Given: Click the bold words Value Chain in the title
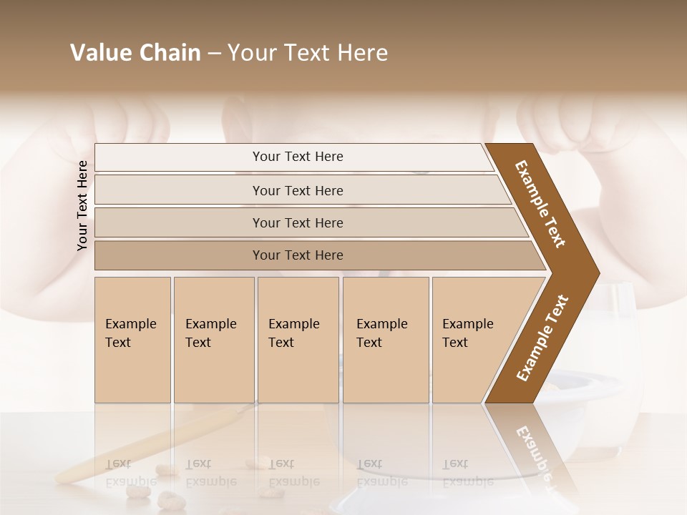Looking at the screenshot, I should click(x=135, y=53).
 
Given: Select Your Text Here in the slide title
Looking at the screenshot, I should click(x=308, y=53).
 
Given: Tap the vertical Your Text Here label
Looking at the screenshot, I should click(x=82, y=205).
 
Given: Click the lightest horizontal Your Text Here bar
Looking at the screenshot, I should click(x=297, y=157).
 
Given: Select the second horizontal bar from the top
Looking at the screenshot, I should click(x=297, y=190).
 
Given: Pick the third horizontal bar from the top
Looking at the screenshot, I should click(x=297, y=222).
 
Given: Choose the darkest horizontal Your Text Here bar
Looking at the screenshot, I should click(x=297, y=255).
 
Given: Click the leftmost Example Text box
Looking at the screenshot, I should click(x=132, y=340).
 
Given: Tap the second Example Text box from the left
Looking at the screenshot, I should click(x=213, y=340).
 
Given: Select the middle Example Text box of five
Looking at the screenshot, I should click(x=298, y=340).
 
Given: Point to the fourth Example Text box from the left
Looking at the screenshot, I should click(x=385, y=340).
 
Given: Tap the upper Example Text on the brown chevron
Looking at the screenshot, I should click(x=540, y=204).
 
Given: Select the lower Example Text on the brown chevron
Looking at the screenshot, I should click(x=542, y=338).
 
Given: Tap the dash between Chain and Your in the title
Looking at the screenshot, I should click(x=214, y=54).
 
